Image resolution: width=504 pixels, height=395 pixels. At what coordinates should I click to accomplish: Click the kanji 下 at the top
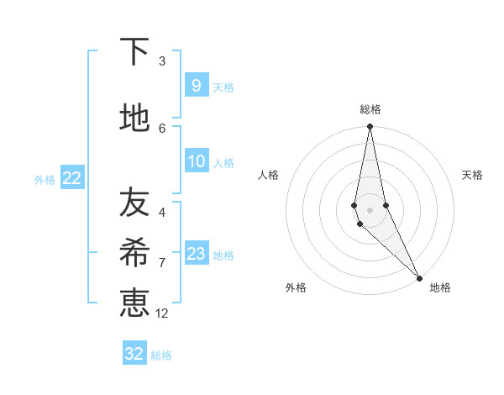[134, 52]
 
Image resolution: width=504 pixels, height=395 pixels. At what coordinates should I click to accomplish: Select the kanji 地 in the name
[134, 118]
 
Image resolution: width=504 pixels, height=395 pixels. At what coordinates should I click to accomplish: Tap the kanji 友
[134, 203]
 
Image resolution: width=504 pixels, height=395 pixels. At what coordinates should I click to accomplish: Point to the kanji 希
[134, 252]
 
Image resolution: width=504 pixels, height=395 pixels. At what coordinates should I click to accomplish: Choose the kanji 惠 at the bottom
[134, 303]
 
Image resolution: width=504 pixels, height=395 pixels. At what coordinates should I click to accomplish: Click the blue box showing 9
[196, 85]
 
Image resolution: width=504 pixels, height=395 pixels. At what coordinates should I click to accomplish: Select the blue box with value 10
[196, 161]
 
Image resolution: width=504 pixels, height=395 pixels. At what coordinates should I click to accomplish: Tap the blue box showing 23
[196, 254]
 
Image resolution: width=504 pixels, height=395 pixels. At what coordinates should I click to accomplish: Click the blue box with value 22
[71, 178]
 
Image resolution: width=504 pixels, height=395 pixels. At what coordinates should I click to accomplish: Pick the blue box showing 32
[134, 354]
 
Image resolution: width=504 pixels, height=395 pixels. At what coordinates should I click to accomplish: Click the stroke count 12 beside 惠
[162, 313]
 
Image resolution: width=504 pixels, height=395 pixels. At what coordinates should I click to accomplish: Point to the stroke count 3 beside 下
[162, 61]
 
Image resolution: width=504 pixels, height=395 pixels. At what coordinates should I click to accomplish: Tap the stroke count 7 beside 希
[162, 262]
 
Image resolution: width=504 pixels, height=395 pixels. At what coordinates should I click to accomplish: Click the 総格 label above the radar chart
[370, 109]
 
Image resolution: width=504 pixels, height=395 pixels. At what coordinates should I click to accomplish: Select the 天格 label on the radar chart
[472, 175]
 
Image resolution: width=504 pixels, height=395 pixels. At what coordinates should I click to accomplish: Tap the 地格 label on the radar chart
[440, 287]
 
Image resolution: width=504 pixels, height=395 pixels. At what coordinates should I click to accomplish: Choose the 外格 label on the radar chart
[296, 287]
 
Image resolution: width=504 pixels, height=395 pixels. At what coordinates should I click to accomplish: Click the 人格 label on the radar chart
[268, 175]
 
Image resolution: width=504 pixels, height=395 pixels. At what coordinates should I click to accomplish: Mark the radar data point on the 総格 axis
[370, 127]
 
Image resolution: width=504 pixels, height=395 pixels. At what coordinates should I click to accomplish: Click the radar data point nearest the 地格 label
[419, 277]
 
